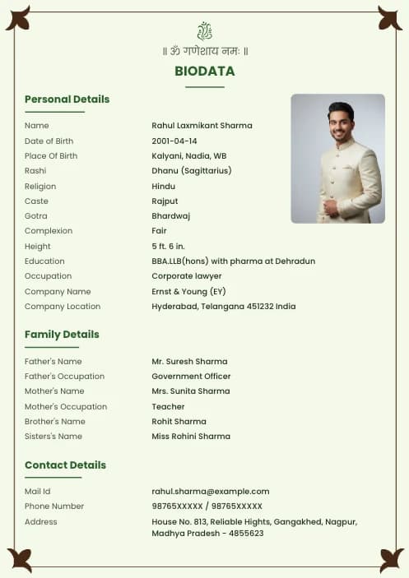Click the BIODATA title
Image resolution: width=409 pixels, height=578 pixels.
pyautogui.click(x=204, y=72)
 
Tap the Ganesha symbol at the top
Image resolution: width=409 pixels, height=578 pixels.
pyautogui.click(x=204, y=31)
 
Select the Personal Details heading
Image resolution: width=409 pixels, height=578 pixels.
pyautogui.click(x=67, y=99)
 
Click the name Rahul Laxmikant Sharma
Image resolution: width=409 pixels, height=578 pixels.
pyautogui.click(x=202, y=126)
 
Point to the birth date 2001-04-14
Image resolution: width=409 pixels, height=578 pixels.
pyautogui.click(x=174, y=141)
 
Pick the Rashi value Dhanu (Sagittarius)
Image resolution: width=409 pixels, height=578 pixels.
pyautogui.click(x=191, y=171)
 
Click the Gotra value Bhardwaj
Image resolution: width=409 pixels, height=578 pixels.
pyautogui.click(x=170, y=216)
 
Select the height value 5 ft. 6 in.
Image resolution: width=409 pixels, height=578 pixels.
pyautogui.click(x=168, y=247)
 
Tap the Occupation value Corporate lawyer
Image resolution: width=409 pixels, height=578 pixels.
pyautogui.click(x=186, y=276)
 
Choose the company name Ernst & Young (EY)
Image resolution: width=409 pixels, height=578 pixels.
pyautogui.click(x=188, y=292)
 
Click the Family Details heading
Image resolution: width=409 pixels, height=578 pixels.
pyautogui.click(x=62, y=335)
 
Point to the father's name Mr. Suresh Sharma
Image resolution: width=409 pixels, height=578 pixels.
pyautogui.click(x=189, y=362)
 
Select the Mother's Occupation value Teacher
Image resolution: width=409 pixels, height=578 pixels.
pyautogui.click(x=168, y=407)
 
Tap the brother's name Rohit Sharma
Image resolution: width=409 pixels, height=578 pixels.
pyautogui.click(x=179, y=422)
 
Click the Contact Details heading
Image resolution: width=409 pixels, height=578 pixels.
pyautogui.click(x=65, y=465)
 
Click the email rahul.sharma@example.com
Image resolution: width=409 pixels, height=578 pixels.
pyautogui.click(x=210, y=492)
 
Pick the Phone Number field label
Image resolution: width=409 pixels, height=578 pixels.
pyautogui.click(x=54, y=506)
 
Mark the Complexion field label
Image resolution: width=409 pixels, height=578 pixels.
pyautogui.click(x=49, y=231)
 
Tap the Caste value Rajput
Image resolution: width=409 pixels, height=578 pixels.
pyautogui.click(x=165, y=201)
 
